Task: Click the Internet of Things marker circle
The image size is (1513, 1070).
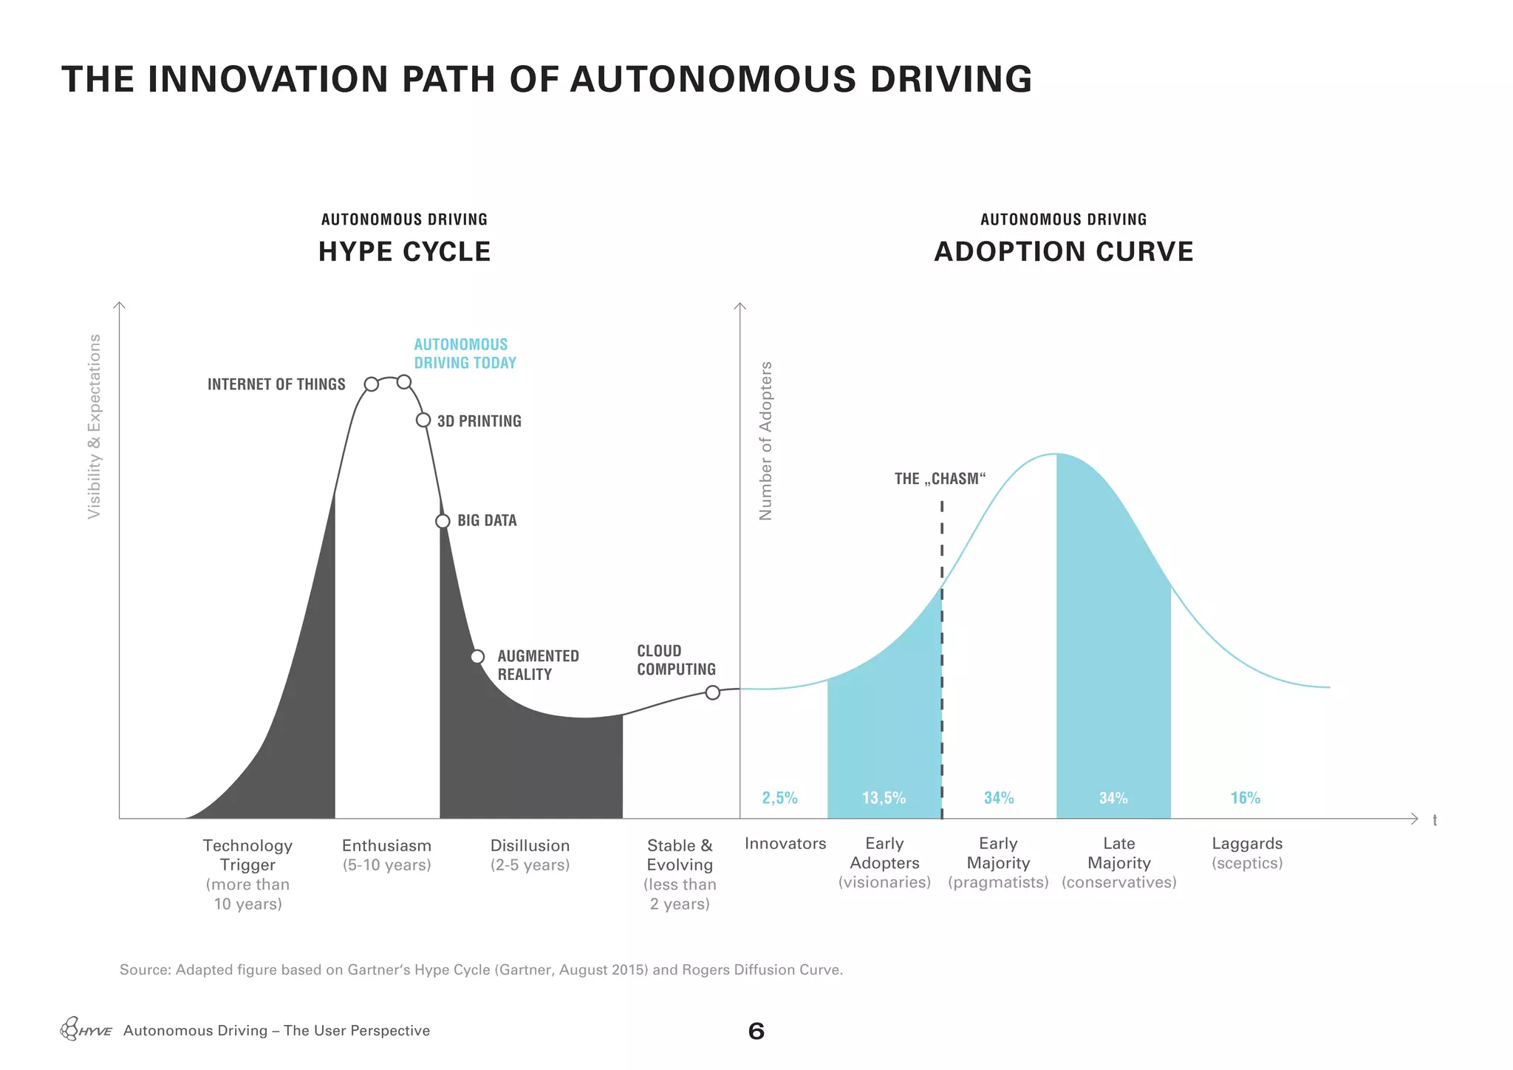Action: [372, 384]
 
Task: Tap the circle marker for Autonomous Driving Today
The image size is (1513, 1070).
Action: [404, 382]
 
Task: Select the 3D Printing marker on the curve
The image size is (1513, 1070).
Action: [423, 420]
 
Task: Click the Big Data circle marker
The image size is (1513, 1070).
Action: [443, 521]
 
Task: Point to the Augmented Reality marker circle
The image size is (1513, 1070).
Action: [478, 656]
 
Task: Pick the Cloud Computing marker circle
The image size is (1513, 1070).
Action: [712, 692]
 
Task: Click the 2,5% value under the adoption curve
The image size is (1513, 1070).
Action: [779, 798]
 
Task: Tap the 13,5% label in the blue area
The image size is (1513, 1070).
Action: [884, 798]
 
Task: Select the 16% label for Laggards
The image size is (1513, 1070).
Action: [1245, 798]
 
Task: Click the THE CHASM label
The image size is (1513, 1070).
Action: [940, 479]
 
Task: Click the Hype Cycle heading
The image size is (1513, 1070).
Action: [404, 252]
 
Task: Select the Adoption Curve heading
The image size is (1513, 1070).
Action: [1063, 252]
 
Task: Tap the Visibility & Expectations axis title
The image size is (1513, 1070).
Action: [94, 426]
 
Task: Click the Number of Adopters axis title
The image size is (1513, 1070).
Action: [765, 440]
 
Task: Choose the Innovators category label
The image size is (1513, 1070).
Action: [785, 844]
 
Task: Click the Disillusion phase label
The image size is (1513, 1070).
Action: [530, 846]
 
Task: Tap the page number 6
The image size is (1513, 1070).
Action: [756, 1032]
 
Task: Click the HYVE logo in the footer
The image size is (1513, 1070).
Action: [86, 1029]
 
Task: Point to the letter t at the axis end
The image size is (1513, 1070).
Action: [1435, 820]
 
